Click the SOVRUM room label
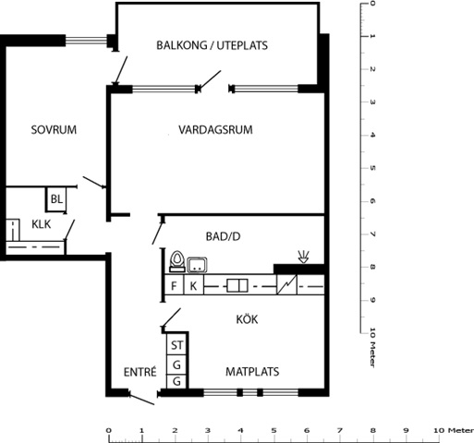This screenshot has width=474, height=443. [x=54, y=129]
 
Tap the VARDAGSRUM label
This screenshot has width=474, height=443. [x=215, y=129]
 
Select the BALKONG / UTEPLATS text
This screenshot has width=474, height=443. [x=212, y=45]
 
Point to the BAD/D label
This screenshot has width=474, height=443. [x=223, y=236]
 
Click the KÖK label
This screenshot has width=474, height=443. [x=247, y=319]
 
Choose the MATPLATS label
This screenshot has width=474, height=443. [x=252, y=372]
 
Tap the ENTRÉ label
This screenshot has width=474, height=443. [x=140, y=372]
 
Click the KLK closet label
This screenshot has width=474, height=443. [x=42, y=224]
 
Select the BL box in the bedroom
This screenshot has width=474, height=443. [x=56, y=199]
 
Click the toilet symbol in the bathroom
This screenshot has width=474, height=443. [x=177, y=261]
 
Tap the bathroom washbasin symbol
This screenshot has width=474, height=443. [x=197, y=265]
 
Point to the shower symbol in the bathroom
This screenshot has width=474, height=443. [x=303, y=257]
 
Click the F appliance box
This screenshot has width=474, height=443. [x=174, y=285]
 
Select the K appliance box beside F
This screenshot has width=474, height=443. [x=193, y=285]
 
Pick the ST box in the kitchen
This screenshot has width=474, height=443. [x=176, y=345]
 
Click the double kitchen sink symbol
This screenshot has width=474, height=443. [x=237, y=286]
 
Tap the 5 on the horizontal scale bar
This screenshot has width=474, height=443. [x=273, y=430]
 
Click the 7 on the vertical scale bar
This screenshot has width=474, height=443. [x=372, y=234]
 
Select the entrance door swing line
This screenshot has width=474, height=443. [x=141, y=399]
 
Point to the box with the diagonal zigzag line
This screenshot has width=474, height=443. [x=286, y=284]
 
